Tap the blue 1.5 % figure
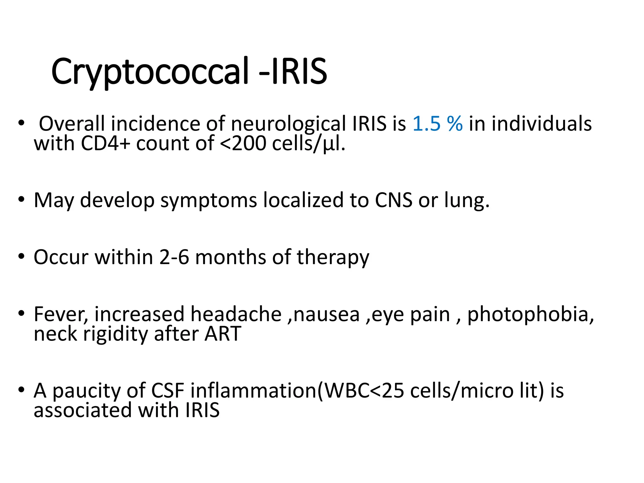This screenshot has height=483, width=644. tap(437, 123)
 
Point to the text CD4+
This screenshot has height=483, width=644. tap(105, 143)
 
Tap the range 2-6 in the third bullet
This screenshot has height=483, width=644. tap(174, 257)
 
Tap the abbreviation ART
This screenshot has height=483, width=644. tap(223, 334)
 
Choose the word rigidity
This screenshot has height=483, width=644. tap(115, 334)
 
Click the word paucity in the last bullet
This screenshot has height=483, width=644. tap(86, 391)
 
